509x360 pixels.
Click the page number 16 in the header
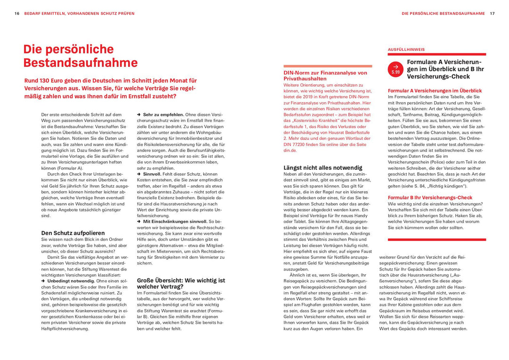(x=16, y=14)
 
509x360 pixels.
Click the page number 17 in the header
(x=492, y=14)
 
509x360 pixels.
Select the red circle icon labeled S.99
(x=395, y=69)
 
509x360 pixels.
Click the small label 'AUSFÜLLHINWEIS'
(x=406, y=49)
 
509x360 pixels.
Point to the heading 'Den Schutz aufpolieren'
(x=73, y=233)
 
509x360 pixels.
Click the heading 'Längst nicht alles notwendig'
(x=323, y=167)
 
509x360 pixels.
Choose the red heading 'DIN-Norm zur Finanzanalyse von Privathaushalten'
(x=325, y=76)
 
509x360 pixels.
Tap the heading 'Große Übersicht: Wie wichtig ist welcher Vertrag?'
(x=181, y=283)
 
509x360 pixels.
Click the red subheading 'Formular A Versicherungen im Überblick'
(x=435, y=90)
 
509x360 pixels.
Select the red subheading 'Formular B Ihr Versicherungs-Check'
(x=430, y=197)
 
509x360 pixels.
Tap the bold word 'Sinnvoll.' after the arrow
(x=152, y=174)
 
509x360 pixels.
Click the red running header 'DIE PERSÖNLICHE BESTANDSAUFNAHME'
(x=443, y=14)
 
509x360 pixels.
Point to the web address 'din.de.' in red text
(x=290, y=150)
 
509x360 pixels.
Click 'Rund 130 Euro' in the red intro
(x=46, y=81)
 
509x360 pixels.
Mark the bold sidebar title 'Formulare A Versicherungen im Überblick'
(x=445, y=69)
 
